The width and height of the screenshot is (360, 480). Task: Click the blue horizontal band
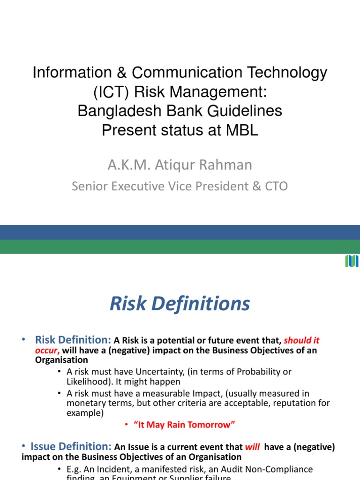pyautogui.click(x=180, y=232)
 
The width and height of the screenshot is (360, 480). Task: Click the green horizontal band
pyautogui.click(x=180, y=247)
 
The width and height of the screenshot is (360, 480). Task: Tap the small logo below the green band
pyautogui.click(x=352, y=261)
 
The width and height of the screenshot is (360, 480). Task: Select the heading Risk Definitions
pyautogui.click(x=180, y=304)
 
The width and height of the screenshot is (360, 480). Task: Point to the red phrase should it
pyautogui.click(x=302, y=341)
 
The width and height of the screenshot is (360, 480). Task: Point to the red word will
pyautogui.click(x=252, y=447)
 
